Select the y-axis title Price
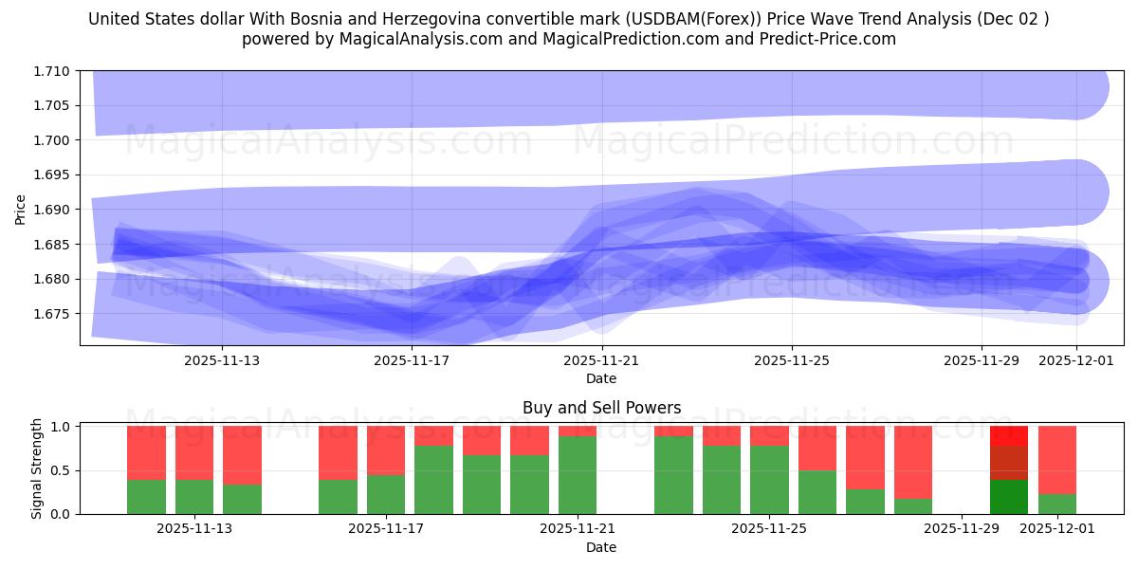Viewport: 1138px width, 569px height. point(21,209)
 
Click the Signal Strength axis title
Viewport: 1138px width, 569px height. point(36,468)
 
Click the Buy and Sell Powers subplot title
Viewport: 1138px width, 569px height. point(601,408)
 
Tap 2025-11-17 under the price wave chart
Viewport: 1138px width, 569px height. point(412,360)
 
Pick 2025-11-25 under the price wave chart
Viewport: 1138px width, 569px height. point(792,360)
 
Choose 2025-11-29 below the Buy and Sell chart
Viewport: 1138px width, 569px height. point(962,529)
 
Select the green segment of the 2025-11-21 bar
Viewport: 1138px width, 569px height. point(578,475)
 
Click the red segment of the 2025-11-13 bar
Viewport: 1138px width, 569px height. point(194,452)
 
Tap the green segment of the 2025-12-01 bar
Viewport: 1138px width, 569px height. point(1057,504)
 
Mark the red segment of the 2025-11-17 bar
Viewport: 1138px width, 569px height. point(386,450)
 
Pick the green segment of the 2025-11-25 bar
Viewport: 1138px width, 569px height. point(769,480)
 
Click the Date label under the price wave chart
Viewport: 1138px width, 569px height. point(601,378)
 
